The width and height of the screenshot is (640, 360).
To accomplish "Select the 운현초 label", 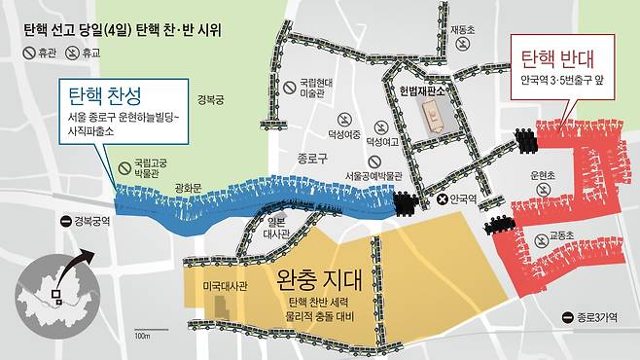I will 543,175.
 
